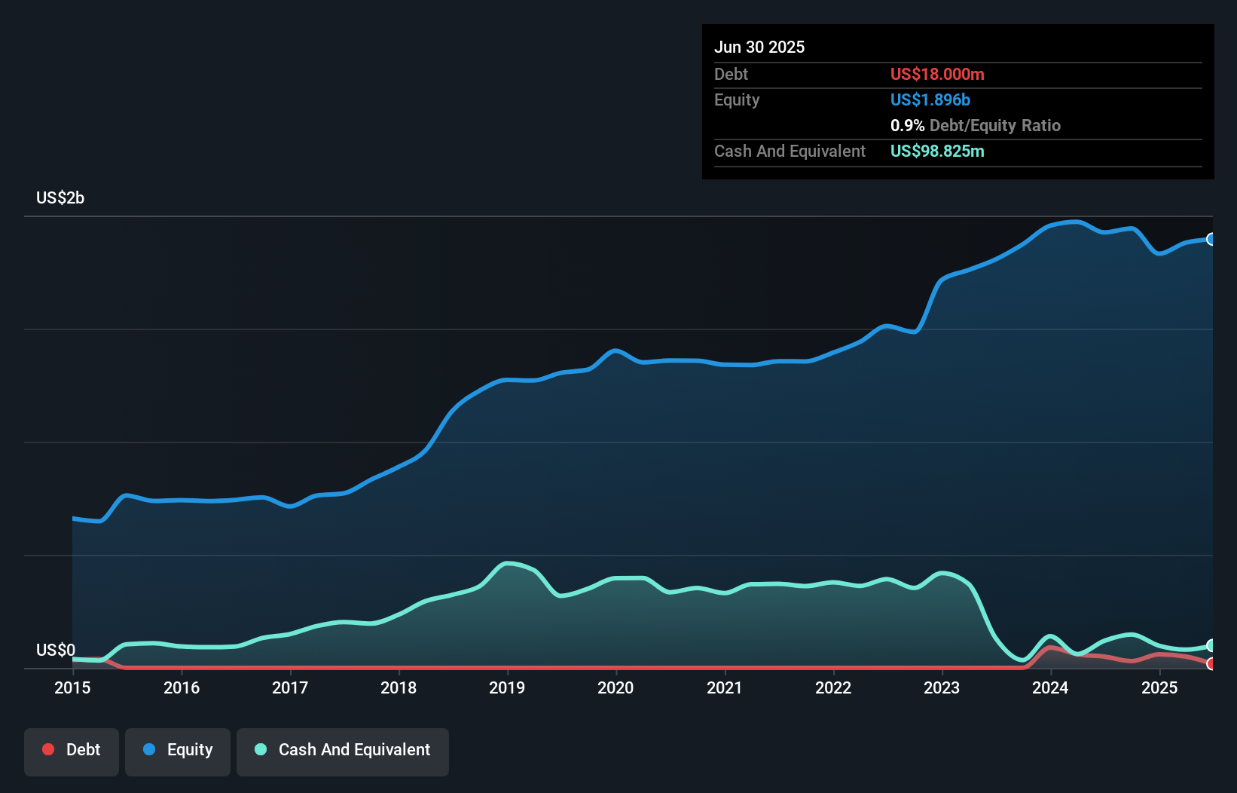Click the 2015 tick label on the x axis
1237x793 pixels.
pos(72,687)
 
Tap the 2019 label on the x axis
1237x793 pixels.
pos(507,687)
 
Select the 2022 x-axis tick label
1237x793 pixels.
pos(833,687)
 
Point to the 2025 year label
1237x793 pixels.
pos(1159,687)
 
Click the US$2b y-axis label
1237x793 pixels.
pos(60,198)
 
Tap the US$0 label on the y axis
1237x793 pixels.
pos(56,650)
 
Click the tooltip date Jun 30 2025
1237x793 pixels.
pos(759,47)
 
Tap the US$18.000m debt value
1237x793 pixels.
pos(937,74)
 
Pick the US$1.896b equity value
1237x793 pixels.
pos(930,100)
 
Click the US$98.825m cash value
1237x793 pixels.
pos(937,151)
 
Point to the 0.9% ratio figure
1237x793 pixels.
pos(907,125)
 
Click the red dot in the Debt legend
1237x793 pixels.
pos(48,749)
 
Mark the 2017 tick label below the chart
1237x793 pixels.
pos(290,687)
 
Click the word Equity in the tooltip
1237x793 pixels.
pos(737,100)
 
